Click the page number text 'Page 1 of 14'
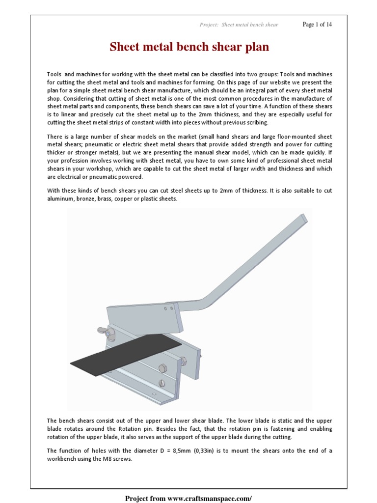[x=317, y=25]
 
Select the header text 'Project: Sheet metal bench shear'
[x=239, y=25]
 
